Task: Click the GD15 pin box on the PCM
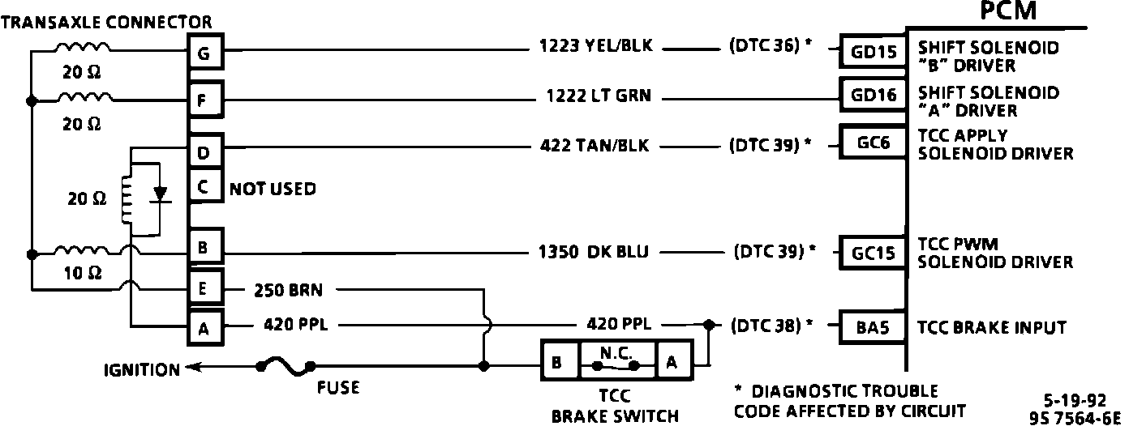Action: click(x=875, y=53)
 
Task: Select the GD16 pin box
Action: click(x=875, y=96)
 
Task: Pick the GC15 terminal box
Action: click(x=874, y=252)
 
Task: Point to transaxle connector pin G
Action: click(x=204, y=54)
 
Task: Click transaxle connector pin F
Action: click(x=204, y=101)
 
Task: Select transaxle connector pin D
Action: click(x=204, y=151)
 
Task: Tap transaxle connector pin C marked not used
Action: click(x=204, y=189)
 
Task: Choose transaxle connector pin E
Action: click(x=204, y=288)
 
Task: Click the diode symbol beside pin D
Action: click(x=161, y=194)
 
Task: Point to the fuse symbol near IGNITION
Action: click(x=287, y=367)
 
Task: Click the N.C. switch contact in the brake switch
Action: click(x=616, y=364)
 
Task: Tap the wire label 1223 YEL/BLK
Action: click(x=595, y=46)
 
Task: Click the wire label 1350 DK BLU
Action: click(x=595, y=252)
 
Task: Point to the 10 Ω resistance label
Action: click(x=83, y=274)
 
